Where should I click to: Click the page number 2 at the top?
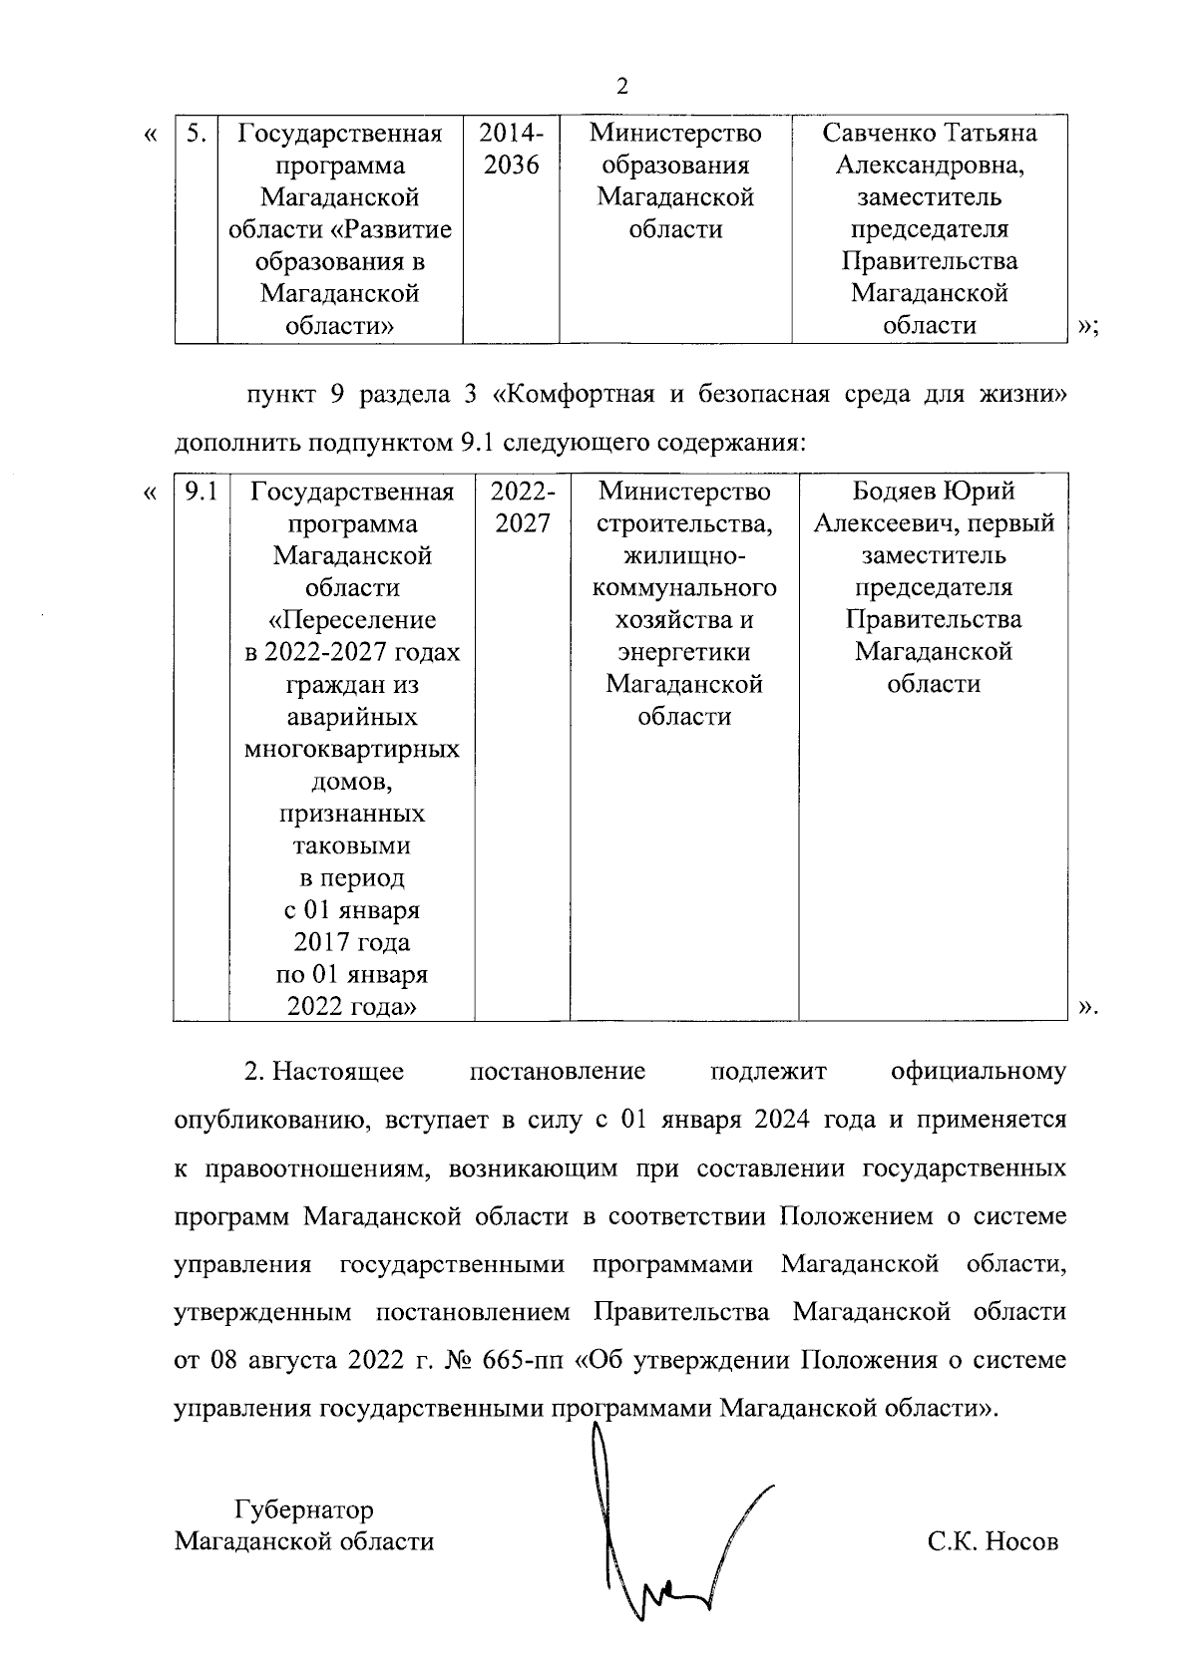[x=622, y=86]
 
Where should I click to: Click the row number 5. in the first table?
[x=197, y=134]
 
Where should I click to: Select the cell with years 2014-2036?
[x=511, y=149]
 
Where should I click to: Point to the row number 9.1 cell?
[x=201, y=492]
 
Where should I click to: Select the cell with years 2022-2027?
[x=523, y=507]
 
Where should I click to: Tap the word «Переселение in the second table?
[x=352, y=620]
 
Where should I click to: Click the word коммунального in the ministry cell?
[x=684, y=588]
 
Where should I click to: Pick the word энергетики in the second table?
[x=684, y=652]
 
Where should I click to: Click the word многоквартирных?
[x=352, y=749]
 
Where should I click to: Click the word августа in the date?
[x=296, y=1360]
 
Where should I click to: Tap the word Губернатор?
[x=303, y=1509]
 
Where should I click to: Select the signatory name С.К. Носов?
[x=993, y=1542]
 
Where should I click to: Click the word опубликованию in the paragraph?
[x=258, y=1120]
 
